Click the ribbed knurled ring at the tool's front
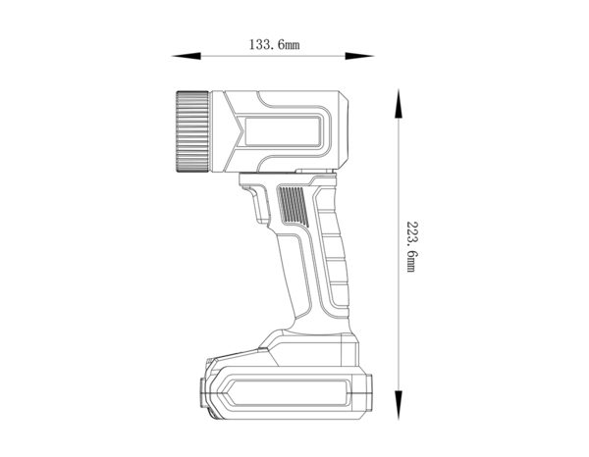(192, 131)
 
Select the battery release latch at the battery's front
(207, 392)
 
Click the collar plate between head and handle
(285, 178)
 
